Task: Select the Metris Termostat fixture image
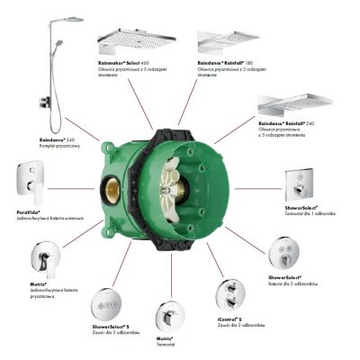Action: pyautogui.click(x=167, y=315)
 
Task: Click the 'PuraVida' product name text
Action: pyautogui.click(x=27, y=211)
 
